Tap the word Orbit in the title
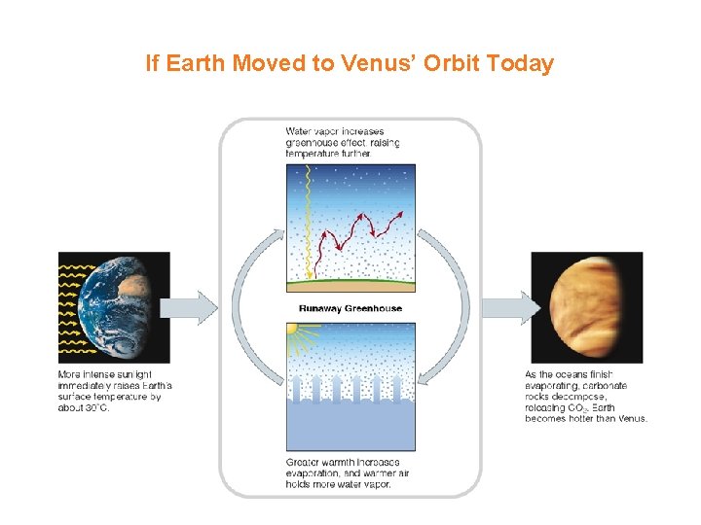point(448,64)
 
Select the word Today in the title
point(519,64)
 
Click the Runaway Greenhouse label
point(350,308)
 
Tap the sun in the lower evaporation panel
point(290,331)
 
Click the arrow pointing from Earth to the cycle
point(189,307)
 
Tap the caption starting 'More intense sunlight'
point(109,390)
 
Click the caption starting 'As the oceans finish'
point(584,396)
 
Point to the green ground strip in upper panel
point(350,282)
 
